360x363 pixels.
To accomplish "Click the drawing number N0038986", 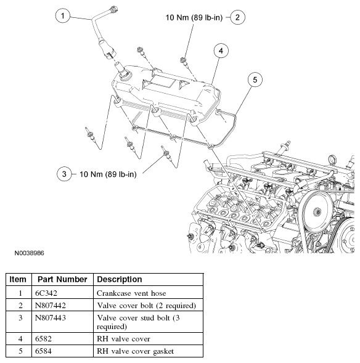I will [26, 253].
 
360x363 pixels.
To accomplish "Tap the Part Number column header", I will [61, 279].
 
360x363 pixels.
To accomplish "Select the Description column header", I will [120, 279].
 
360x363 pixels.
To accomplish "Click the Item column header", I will [18, 279].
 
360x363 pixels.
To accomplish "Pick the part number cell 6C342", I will [48, 293].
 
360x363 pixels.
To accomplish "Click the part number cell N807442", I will [52, 306].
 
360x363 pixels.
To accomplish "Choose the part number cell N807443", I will [52, 318].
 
